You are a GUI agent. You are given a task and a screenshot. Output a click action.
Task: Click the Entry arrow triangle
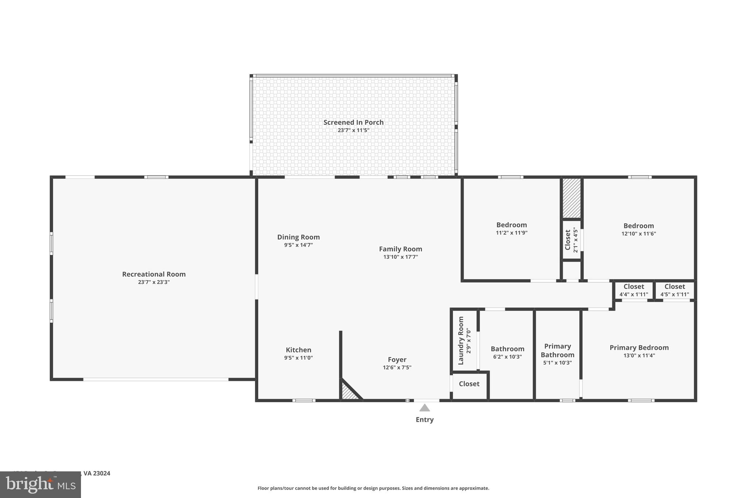click(x=424, y=408)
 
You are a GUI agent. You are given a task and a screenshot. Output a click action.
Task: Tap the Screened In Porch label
click(x=353, y=123)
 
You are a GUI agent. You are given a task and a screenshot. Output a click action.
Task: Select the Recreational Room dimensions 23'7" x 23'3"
click(x=154, y=282)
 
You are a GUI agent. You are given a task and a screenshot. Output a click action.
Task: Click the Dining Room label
click(x=298, y=237)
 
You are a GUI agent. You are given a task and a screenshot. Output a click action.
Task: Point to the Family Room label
click(x=400, y=249)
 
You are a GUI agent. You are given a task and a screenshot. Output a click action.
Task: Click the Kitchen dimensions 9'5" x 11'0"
click(x=298, y=358)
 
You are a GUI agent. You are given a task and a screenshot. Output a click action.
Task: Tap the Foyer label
click(x=397, y=360)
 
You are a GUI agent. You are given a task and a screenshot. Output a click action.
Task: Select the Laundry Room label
click(x=461, y=340)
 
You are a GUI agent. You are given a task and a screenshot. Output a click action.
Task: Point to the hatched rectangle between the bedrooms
click(x=571, y=198)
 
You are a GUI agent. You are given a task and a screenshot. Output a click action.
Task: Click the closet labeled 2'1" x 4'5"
click(x=571, y=240)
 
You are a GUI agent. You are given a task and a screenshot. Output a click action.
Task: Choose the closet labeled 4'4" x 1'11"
click(x=634, y=290)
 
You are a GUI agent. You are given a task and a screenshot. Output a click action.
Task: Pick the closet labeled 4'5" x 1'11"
click(x=674, y=290)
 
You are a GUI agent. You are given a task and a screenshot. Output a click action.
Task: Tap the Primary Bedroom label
click(x=639, y=348)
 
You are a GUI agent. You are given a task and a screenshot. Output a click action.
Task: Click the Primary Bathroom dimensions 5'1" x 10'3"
click(x=557, y=363)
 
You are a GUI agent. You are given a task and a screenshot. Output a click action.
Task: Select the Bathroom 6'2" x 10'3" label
click(x=507, y=349)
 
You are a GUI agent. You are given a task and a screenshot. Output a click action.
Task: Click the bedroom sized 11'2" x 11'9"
click(x=511, y=228)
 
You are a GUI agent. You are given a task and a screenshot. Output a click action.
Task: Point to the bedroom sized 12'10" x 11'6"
click(x=638, y=229)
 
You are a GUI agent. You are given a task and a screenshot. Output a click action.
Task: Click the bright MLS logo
click(x=40, y=485)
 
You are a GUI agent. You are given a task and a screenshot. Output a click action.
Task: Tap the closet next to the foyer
click(x=469, y=384)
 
